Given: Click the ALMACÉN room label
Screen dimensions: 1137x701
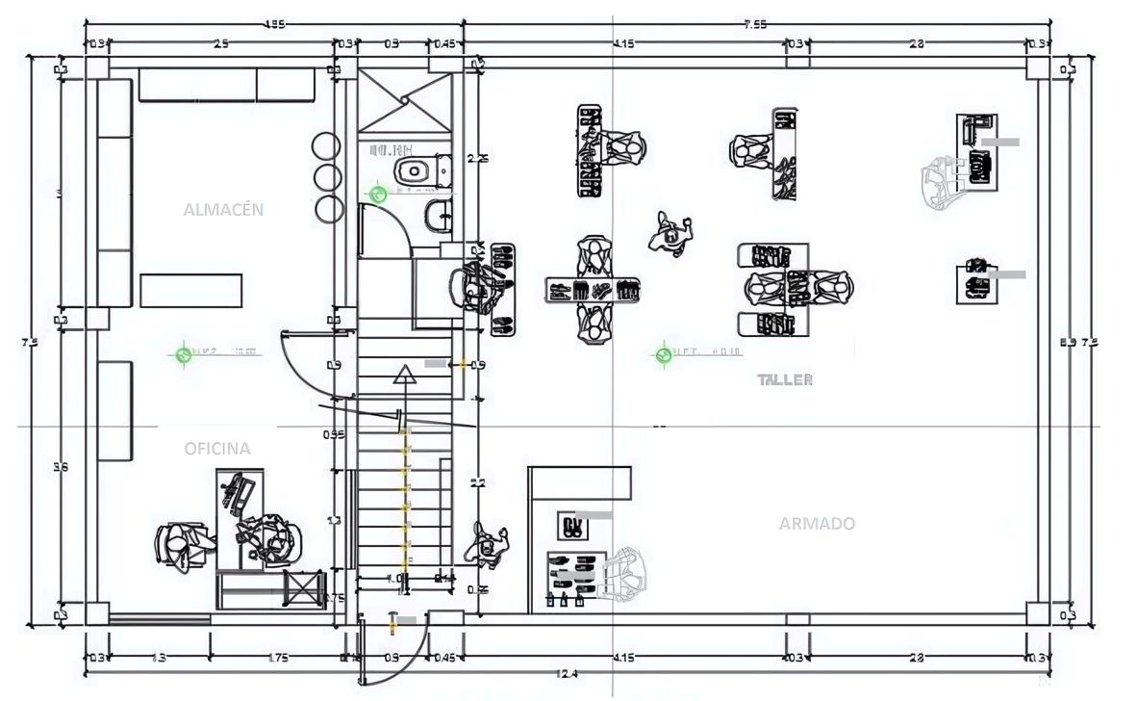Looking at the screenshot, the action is click(x=223, y=209).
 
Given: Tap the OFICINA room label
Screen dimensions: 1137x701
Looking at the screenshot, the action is click(x=217, y=448).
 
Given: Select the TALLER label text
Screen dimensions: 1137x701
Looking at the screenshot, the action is click(x=785, y=379).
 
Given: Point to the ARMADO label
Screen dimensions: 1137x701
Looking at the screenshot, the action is click(x=817, y=524).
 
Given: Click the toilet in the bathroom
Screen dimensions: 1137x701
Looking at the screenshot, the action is click(x=414, y=170).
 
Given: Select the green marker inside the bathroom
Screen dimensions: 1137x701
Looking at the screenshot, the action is click(x=378, y=195).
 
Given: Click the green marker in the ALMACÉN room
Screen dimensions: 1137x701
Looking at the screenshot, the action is click(x=184, y=354).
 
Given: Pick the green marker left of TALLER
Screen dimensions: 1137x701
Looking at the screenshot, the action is click(x=663, y=355).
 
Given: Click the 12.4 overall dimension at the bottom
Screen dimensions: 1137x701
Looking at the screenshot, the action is click(x=568, y=674).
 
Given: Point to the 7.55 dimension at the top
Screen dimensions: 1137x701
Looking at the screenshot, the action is click(x=755, y=24).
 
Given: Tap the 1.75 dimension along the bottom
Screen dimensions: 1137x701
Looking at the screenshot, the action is click(x=277, y=658).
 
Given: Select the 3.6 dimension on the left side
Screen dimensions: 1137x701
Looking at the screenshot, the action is click(x=60, y=467).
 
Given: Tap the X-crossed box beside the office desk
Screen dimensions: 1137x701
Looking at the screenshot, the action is click(x=304, y=588).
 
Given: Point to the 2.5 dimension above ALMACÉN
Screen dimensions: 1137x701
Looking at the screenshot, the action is click(x=220, y=43).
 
